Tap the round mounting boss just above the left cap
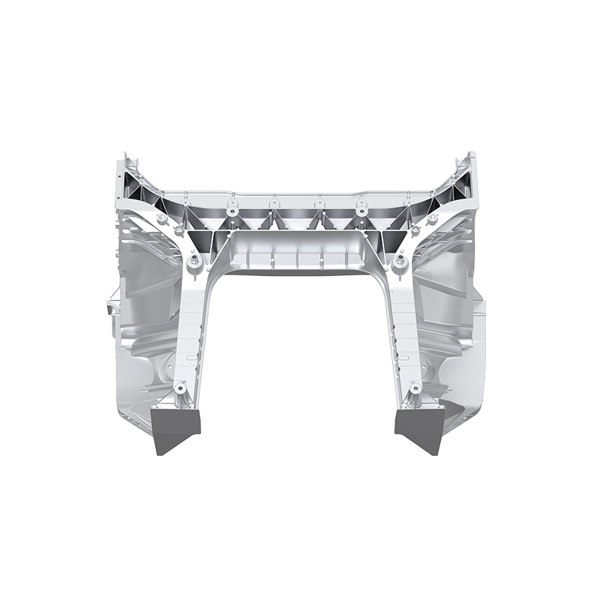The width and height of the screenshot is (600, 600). [180, 390]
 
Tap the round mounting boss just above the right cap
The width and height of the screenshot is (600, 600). [414, 388]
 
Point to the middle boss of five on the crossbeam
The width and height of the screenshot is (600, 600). [318, 201]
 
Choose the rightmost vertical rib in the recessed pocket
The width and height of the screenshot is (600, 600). [346, 258]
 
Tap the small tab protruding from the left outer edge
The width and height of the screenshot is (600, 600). [110, 308]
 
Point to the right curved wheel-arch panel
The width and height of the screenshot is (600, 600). [450, 315]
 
